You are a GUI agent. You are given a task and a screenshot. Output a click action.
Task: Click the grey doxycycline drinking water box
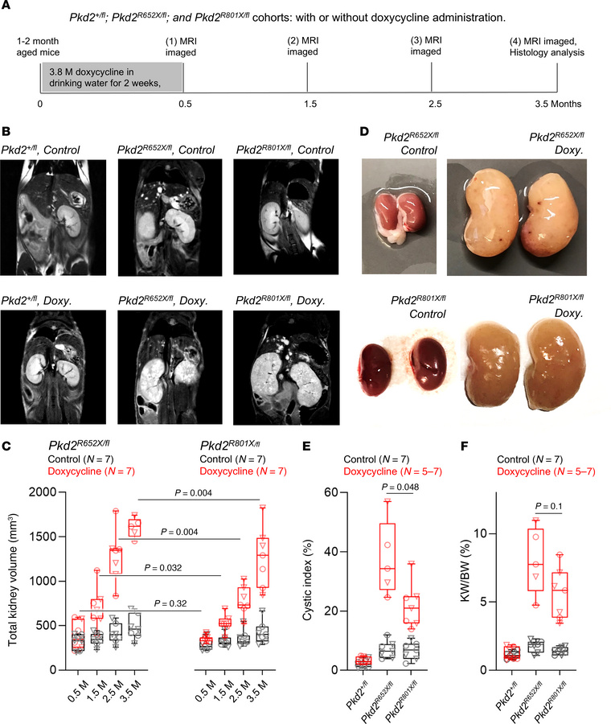(x=111, y=80)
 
